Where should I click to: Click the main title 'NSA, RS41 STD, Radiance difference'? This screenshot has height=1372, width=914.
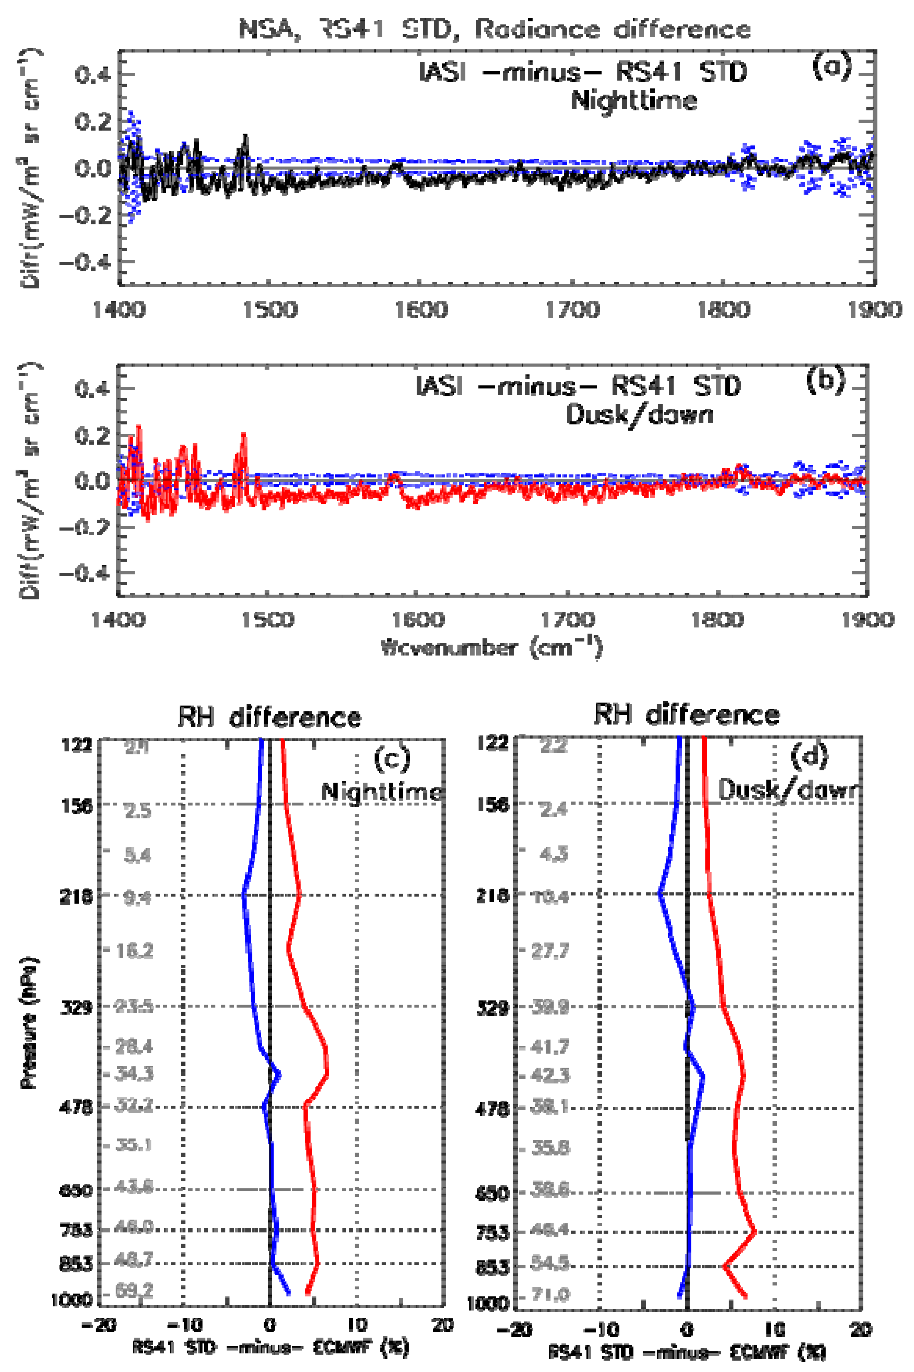click(494, 29)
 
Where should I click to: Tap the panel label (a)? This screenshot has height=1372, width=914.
click(831, 67)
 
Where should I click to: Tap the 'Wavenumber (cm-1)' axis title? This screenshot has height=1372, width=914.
click(491, 648)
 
